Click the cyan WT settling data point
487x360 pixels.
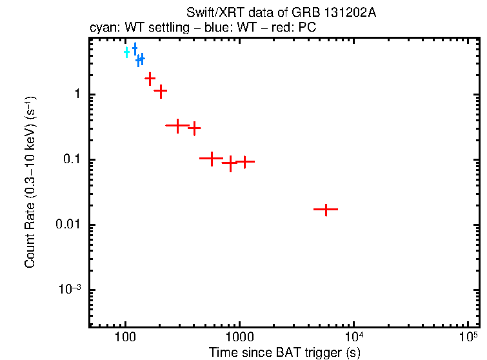127,52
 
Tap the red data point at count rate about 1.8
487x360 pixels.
150,79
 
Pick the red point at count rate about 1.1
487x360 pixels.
161,91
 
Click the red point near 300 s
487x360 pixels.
177,126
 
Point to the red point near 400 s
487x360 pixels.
194,128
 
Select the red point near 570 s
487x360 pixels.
211,157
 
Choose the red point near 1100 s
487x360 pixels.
244,161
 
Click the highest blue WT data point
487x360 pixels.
135,48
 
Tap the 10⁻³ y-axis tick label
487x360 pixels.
70,288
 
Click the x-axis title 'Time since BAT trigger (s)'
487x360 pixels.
284,352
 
